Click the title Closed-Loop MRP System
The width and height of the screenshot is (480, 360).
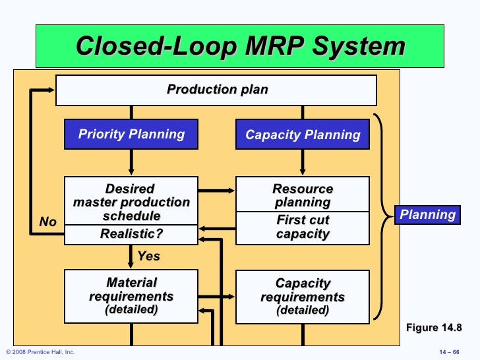(x=240, y=47)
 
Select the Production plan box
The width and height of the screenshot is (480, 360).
(x=216, y=90)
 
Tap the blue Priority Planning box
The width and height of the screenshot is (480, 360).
(x=131, y=135)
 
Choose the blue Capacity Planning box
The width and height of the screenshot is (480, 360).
(x=303, y=135)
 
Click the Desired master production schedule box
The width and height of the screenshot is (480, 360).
(x=131, y=201)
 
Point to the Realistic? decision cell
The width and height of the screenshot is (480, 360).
(x=131, y=234)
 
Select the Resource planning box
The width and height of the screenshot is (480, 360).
(x=303, y=195)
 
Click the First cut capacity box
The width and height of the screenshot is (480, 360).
(x=303, y=227)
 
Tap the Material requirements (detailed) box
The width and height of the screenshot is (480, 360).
(x=131, y=296)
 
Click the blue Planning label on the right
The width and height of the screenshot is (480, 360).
(x=427, y=214)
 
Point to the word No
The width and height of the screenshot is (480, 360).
(x=48, y=222)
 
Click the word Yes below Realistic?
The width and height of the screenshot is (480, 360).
(x=148, y=256)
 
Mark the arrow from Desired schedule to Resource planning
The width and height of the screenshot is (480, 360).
(x=216, y=191)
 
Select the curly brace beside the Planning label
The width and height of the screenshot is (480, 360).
(x=382, y=214)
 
